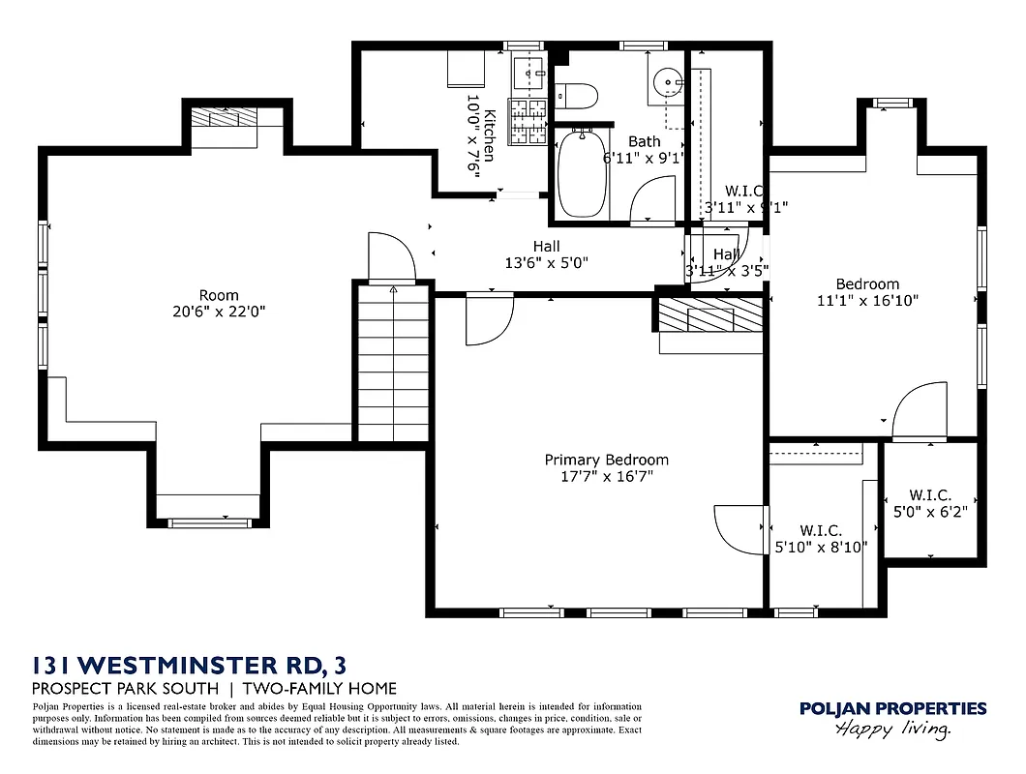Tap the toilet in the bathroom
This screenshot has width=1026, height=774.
(577, 96)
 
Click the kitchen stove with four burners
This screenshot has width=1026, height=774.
(528, 121)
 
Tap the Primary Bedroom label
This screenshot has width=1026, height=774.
(606, 460)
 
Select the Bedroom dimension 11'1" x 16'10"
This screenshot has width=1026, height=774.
(867, 300)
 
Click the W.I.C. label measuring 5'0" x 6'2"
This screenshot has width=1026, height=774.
(930, 503)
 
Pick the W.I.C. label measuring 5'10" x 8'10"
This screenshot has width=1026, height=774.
(821, 539)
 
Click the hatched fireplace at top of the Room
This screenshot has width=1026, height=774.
(224, 117)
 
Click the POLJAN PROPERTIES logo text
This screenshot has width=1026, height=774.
(892, 709)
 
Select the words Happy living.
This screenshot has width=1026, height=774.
(892, 729)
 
